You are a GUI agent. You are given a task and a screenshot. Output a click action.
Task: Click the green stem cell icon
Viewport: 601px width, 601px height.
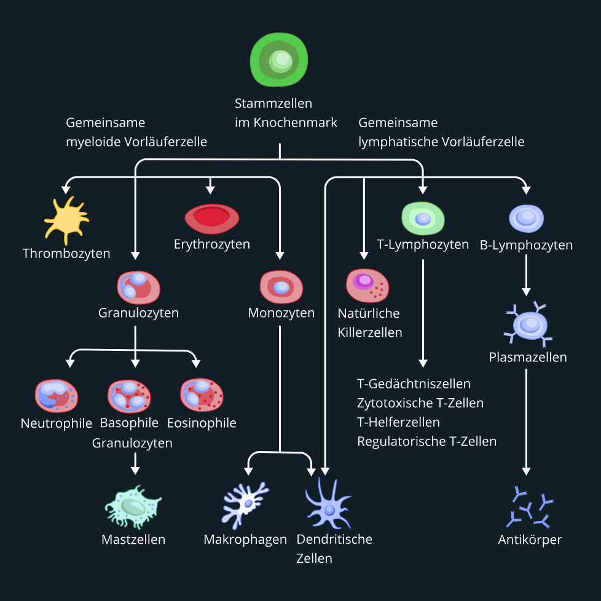pyautogui.click(x=279, y=60)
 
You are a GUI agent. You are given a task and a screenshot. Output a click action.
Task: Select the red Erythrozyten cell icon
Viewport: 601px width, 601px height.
pyautogui.click(x=212, y=218)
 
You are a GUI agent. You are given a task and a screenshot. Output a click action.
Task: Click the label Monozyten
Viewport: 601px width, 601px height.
pyautogui.click(x=281, y=313)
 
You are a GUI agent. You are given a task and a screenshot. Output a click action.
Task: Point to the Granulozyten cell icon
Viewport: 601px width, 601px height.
pyautogui.click(x=138, y=287)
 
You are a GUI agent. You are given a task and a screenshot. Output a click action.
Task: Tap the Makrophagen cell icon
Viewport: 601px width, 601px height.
pyautogui.click(x=245, y=504)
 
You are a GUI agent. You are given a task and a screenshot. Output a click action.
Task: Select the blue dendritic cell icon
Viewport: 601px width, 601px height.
pyautogui.click(x=329, y=507)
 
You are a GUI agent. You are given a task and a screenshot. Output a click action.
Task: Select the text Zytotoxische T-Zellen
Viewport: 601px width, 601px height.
pyautogui.click(x=420, y=403)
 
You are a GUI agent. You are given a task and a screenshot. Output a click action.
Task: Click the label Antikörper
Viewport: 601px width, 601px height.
pyautogui.click(x=530, y=540)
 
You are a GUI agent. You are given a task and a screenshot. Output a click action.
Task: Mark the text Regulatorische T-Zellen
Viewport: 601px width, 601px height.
pyautogui.click(x=426, y=441)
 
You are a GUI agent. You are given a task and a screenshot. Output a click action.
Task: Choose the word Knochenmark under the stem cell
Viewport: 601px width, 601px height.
pyautogui.click(x=300, y=122)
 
